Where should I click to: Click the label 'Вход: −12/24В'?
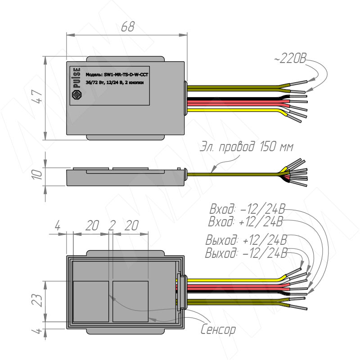click(247, 209)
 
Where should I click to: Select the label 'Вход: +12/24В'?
click(246, 221)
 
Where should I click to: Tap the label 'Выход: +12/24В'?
click(246, 240)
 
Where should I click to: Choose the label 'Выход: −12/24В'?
click(246, 252)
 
